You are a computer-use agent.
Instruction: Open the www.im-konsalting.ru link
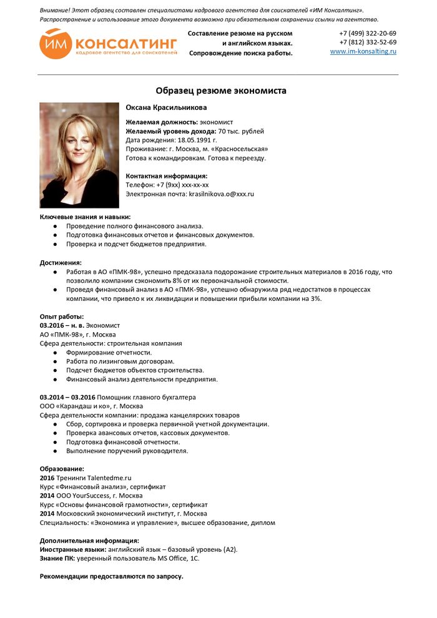point(363,52)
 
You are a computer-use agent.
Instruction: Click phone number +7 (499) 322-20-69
point(367,34)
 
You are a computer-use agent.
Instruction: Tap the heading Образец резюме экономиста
point(221,91)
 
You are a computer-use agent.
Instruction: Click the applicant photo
point(79,155)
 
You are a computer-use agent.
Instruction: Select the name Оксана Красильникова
point(166,108)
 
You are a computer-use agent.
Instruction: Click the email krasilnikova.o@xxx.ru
point(221,194)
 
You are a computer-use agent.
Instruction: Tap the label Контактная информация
point(166,176)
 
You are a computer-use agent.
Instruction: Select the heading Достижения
point(61,263)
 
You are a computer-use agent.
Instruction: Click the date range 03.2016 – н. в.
point(62,325)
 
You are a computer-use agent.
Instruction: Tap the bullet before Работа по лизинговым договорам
point(56,361)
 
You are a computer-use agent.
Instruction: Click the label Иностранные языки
point(73,549)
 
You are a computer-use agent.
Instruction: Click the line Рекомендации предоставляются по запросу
point(111,576)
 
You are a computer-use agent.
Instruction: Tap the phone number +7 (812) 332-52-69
point(367,42)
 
